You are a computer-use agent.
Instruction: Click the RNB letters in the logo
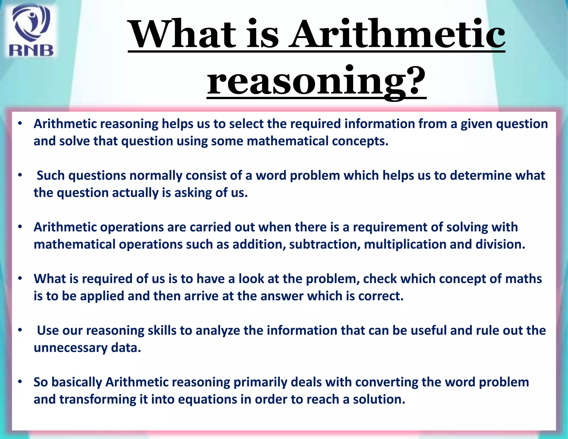pyautogui.click(x=31, y=51)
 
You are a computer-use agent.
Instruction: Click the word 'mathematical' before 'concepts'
pyautogui.click(x=287, y=141)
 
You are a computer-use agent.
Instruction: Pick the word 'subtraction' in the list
pyautogui.click(x=324, y=244)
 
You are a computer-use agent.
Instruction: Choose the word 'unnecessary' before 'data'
pyautogui.click(x=70, y=348)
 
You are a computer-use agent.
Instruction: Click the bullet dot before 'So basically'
pyautogui.click(x=20, y=382)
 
